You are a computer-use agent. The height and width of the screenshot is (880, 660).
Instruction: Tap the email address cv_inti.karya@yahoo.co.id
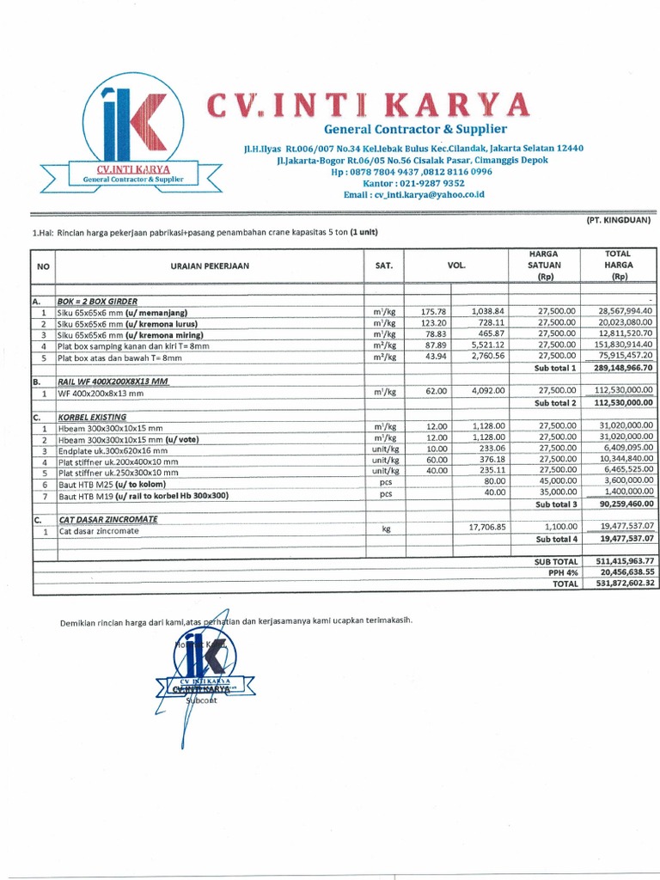click(x=414, y=195)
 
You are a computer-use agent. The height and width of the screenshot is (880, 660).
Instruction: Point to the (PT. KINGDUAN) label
click(x=618, y=221)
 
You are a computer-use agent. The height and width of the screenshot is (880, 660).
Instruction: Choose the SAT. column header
click(x=383, y=266)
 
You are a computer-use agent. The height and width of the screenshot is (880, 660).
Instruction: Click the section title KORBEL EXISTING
click(x=92, y=417)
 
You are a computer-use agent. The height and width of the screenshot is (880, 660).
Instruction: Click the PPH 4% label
click(x=559, y=571)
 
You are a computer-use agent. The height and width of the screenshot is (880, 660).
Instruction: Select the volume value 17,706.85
click(x=486, y=526)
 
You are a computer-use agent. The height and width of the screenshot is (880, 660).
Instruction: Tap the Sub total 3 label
click(x=554, y=504)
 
